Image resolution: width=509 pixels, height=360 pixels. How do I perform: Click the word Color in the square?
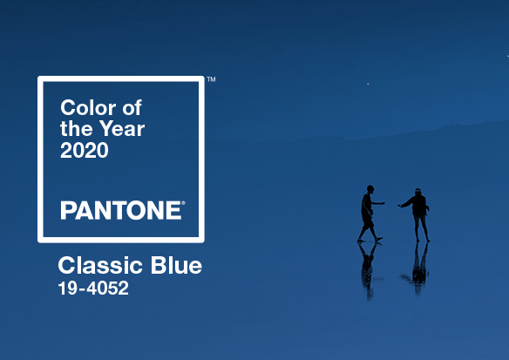click(x=88, y=107)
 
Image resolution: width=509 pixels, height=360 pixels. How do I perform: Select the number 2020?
click(x=85, y=150)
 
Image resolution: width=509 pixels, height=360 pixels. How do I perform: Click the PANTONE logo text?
click(x=121, y=210)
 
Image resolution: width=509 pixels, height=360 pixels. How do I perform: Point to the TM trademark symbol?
click(x=211, y=79)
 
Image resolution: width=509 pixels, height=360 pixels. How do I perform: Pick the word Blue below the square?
click(x=176, y=265)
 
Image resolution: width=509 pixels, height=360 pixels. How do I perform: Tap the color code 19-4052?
click(x=93, y=289)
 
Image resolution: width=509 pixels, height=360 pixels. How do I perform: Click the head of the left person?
click(x=370, y=189)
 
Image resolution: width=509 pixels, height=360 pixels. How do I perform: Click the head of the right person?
click(x=417, y=192)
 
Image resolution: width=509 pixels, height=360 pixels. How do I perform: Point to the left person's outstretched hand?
click(x=383, y=203)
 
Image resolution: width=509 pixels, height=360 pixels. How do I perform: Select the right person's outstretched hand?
click(x=400, y=206)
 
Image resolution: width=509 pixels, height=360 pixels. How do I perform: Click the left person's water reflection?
click(x=369, y=270)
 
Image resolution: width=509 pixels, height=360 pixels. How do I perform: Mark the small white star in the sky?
click(x=368, y=84)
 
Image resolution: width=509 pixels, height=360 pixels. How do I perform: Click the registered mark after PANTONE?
click(x=183, y=203)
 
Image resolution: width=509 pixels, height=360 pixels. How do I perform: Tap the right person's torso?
click(x=419, y=206)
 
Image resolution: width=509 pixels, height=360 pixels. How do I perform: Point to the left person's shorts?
click(x=368, y=222)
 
